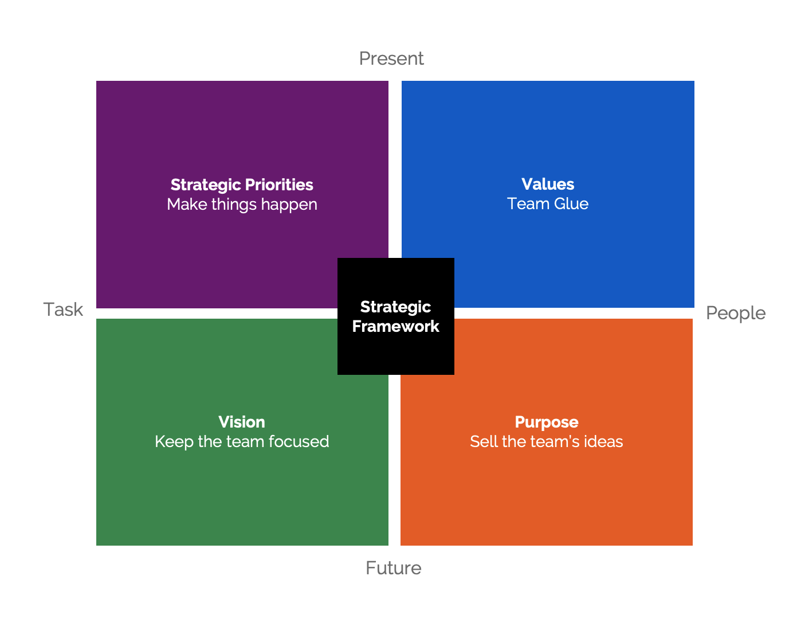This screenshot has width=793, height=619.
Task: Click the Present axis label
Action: click(x=391, y=58)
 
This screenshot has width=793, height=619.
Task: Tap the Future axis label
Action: click(x=394, y=568)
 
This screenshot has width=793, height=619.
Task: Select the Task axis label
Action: click(x=64, y=309)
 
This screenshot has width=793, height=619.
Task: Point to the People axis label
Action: click(x=736, y=313)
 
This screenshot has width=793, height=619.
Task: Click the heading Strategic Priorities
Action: click(x=242, y=185)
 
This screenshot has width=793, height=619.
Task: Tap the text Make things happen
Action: click(x=242, y=205)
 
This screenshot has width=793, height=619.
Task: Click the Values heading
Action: click(x=548, y=184)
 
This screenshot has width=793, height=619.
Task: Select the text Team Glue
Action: click(x=548, y=204)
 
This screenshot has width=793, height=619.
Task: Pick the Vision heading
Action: click(x=242, y=422)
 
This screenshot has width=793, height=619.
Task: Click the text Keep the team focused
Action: click(x=242, y=441)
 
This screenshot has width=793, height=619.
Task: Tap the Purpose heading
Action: click(x=547, y=422)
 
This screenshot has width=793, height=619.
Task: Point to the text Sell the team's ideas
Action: click(x=547, y=441)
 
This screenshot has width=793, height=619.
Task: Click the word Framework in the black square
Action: click(x=396, y=327)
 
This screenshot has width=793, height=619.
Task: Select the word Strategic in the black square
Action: click(x=396, y=307)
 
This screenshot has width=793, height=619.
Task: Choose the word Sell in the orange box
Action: click(x=484, y=441)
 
